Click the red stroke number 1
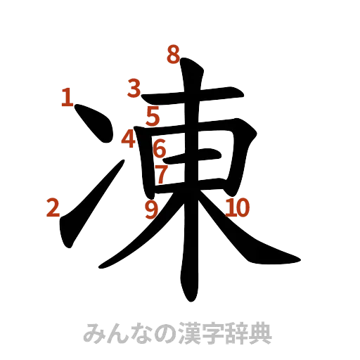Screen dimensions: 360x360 tap(67, 96)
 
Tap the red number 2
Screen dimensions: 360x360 tap(53, 207)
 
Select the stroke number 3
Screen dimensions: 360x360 tap(134, 89)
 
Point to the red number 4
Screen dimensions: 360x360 tap(128, 139)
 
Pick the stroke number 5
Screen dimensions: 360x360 tap(153, 116)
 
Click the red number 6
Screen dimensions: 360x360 tap(160, 149)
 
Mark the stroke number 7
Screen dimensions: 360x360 tap(162, 174)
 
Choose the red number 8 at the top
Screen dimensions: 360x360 tap(172, 55)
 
